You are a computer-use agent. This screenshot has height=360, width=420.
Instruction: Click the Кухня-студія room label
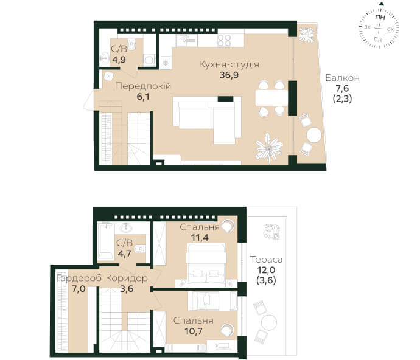pyautogui.click(x=229, y=65)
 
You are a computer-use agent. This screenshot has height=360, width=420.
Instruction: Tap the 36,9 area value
pyautogui.click(x=229, y=75)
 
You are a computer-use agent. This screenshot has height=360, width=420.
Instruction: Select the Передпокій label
pyautogui.click(x=143, y=86)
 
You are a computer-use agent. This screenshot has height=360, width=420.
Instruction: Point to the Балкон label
pyautogui.click(x=342, y=78)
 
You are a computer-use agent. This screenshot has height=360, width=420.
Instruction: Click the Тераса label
pyautogui.click(x=266, y=260)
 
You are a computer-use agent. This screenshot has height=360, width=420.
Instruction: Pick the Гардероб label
pyautogui.click(x=79, y=279)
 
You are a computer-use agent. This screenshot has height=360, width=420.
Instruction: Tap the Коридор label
pyautogui.click(x=127, y=279)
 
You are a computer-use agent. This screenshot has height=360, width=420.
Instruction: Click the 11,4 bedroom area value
pyautogui.click(x=200, y=237)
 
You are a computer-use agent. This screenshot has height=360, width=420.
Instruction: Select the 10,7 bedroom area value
pyautogui.click(x=194, y=331)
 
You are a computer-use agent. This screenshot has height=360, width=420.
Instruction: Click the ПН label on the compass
pyautogui.click(x=380, y=18)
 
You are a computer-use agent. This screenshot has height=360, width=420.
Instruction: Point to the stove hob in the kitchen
pyautogui.click(x=224, y=41)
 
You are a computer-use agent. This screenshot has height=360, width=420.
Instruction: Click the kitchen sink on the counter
pyautogui.click(x=186, y=41)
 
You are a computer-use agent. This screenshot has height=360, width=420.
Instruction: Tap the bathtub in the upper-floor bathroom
pyautogui.click(x=105, y=241)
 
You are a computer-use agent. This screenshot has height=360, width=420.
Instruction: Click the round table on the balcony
pyautogui.click(x=314, y=135)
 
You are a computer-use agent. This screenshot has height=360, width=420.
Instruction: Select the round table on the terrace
pyautogui.click(x=268, y=323)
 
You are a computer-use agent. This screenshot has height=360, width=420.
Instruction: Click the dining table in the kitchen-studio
pyautogui.click(x=271, y=98)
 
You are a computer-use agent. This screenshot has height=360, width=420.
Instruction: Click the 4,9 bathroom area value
pyautogui.click(x=119, y=60)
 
